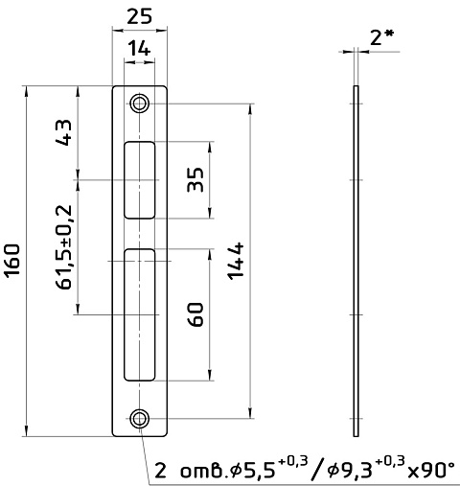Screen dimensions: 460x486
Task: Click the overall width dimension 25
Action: pos(139,16)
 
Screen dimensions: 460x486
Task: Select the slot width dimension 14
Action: pos(139,49)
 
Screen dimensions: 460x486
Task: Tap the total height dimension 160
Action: pos(13,260)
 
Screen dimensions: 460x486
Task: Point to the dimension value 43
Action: pos(63,132)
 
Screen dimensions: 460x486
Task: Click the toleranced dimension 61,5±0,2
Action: pos(63,247)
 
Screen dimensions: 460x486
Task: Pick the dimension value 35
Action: pos(195,180)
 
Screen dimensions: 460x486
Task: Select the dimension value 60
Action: pos(195,314)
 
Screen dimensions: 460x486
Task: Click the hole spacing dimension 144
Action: pos(237,261)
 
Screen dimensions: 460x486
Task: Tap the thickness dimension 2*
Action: pos(381,37)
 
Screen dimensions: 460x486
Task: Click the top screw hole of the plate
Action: pos(140,104)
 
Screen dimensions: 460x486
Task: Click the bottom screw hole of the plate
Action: pos(140,418)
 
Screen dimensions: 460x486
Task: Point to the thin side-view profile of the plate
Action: pos(356,261)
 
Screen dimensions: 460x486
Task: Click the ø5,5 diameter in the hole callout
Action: pos(253,471)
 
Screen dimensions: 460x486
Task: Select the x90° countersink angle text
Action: pos(431,471)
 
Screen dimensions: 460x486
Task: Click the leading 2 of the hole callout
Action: pos(161,471)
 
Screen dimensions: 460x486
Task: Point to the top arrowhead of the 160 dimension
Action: pos(26,90)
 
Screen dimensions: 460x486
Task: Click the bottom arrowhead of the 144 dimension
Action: pos(250,413)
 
